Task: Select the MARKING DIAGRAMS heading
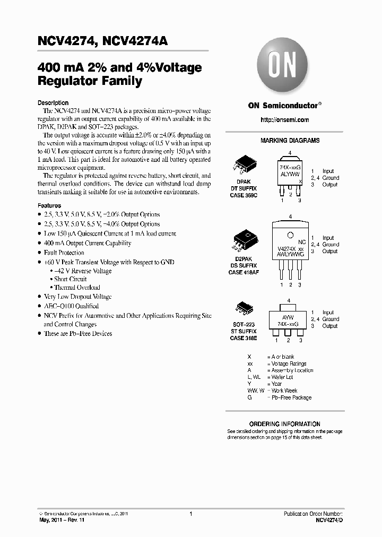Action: click(x=290, y=141)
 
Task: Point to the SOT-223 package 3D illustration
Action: click(x=243, y=310)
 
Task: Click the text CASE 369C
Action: click(x=244, y=196)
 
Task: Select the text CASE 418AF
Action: click(x=244, y=272)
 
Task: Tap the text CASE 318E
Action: click(x=244, y=338)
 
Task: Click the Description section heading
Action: click(x=53, y=103)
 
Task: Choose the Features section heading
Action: click(x=49, y=205)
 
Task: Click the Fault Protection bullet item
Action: click(x=64, y=253)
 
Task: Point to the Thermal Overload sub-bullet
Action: click(x=77, y=288)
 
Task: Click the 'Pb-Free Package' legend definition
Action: click(x=292, y=397)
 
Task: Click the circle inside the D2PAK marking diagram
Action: click(x=290, y=236)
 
